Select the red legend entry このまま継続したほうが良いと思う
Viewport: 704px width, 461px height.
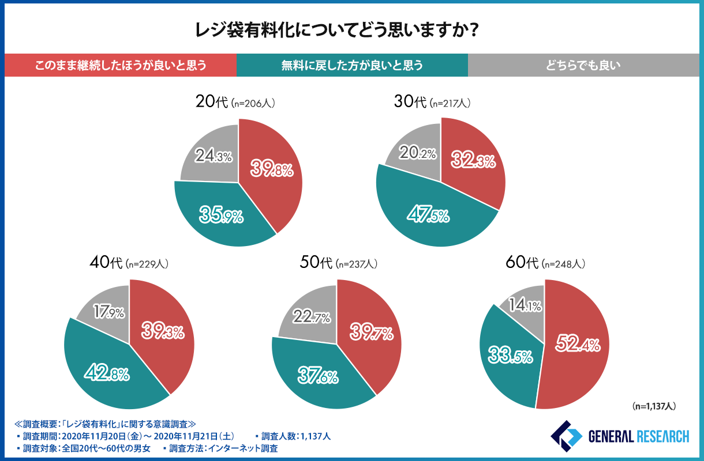(120, 65)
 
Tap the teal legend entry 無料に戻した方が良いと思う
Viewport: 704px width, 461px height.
(352, 65)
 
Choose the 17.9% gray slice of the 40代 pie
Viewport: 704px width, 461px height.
(108, 313)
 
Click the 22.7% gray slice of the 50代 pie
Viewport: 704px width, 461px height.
(312, 317)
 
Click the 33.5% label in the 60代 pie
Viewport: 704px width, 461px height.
(510, 356)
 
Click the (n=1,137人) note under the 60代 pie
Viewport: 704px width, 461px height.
(653, 406)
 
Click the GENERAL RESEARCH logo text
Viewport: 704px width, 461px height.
(638, 436)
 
